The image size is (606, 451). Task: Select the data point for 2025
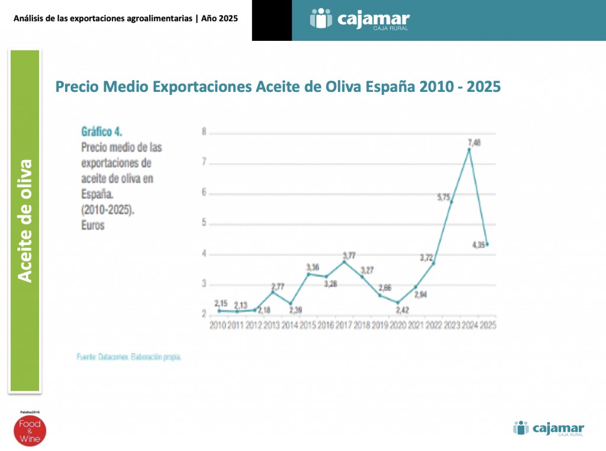tap(487, 244)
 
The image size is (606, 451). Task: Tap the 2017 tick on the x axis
tap(344, 325)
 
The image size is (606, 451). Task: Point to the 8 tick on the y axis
tap(204, 132)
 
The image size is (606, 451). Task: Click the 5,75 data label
tap(444, 198)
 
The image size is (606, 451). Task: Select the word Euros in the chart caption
tap(92, 225)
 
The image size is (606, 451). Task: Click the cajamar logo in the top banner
tap(360, 19)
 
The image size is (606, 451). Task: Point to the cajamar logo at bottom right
tap(549, 428)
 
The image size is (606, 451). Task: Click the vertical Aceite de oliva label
tap(24, 221)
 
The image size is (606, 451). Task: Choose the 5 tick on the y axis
tap(204, 223)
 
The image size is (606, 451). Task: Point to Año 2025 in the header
tap(219, 18)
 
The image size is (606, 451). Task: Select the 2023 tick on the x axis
tap(451, 325)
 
